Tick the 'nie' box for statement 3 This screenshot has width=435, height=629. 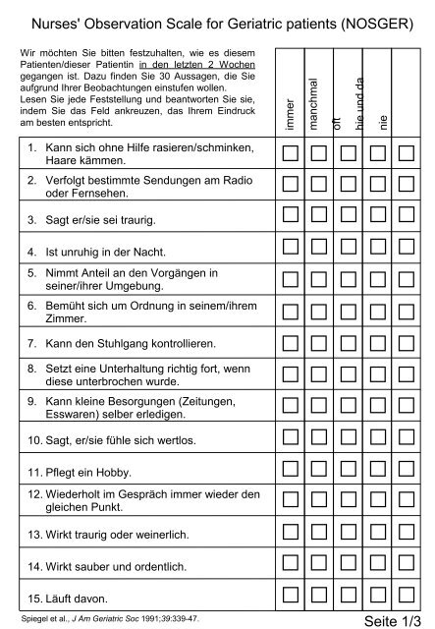coord(408,215)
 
